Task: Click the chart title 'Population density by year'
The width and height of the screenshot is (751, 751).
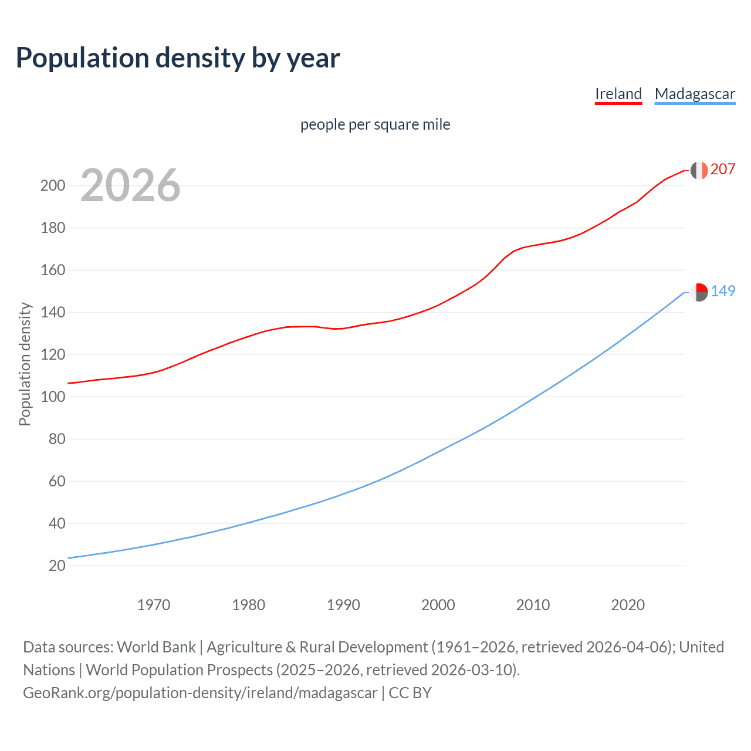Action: click(x=178, y=58)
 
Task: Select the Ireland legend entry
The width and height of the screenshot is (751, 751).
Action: click(x=618, y=94)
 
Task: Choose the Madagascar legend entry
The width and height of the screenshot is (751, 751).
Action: click(x=695, y=94)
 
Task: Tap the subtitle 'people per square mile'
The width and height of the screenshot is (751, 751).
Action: click(x=375, y=124)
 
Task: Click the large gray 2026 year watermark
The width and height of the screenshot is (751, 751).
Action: click(x=130, y=185)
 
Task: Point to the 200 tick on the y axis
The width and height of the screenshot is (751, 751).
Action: click(x=52, y=186)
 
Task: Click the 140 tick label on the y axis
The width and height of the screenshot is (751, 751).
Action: click(x=52, y=313)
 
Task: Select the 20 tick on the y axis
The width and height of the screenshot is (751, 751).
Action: click(x=56, y=566)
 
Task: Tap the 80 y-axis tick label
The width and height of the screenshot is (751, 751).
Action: click(x=56, y=439)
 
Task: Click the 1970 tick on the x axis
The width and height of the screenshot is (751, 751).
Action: click(x=154, y=605)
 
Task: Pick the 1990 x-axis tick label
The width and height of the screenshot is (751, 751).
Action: click(x=343, y=605)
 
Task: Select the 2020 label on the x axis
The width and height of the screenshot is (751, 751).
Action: click(x=628, y=605)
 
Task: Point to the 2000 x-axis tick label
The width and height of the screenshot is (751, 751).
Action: click(x=438, y=605)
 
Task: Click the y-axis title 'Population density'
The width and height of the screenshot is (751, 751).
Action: click(x=25, y=364)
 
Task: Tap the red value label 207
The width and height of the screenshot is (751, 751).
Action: click(x=723, y=170)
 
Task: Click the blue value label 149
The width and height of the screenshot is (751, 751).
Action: click(x=723, y=292)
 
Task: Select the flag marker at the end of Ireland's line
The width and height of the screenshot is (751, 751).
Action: click(x=699, y=170)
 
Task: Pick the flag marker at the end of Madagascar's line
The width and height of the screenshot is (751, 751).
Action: click(x=699, y=292)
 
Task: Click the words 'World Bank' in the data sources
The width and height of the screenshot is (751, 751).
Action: click(x=156, y=647)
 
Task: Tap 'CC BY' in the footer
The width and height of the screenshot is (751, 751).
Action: click(x=410, y=693)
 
